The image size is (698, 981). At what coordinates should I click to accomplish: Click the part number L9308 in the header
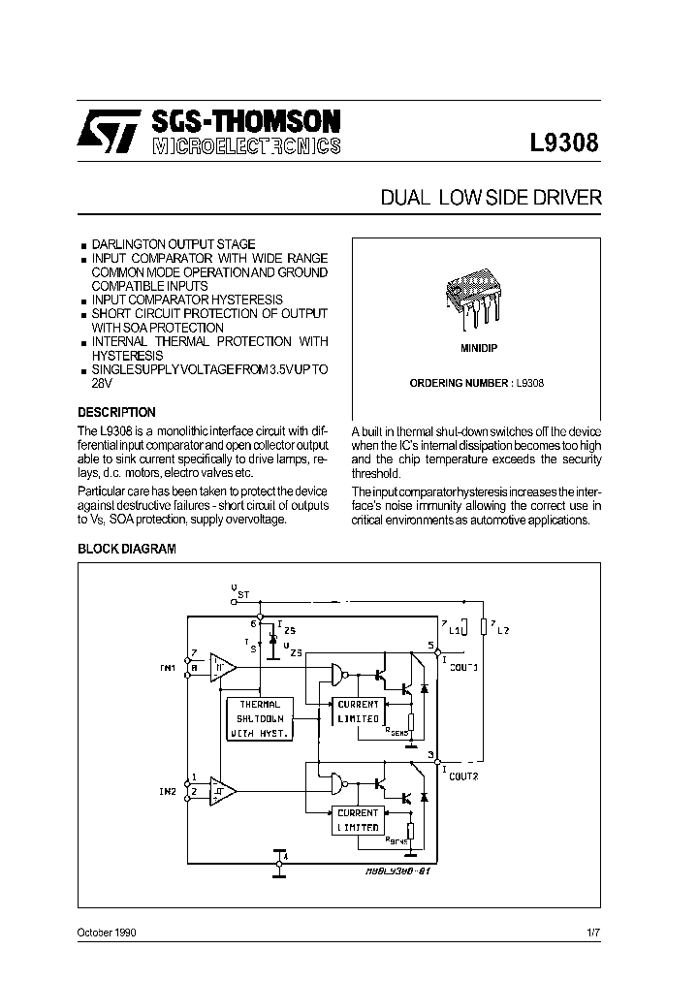(x=564, y=141)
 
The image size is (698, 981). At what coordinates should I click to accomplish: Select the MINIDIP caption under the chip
(x=476, y=346)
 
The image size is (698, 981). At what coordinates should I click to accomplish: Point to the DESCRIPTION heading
(x=116, y=412)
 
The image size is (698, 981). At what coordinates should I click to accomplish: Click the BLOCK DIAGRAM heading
(x=126, y=549)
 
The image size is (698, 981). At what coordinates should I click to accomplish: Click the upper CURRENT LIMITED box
(x=358, y=711)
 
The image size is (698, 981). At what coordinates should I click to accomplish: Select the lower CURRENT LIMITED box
(x=358, y=819)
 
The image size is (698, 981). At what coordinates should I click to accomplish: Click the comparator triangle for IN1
(x=223, y=667)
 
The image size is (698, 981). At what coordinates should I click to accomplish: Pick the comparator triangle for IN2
(x=223, y=792)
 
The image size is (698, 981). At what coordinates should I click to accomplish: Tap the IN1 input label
(x=168, y=669)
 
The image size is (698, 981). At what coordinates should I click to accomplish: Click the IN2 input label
(x=167, y=792)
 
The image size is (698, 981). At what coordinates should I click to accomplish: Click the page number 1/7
(x=593, y=932)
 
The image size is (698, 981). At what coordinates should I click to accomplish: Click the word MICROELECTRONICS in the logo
(x=246, y=146)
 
